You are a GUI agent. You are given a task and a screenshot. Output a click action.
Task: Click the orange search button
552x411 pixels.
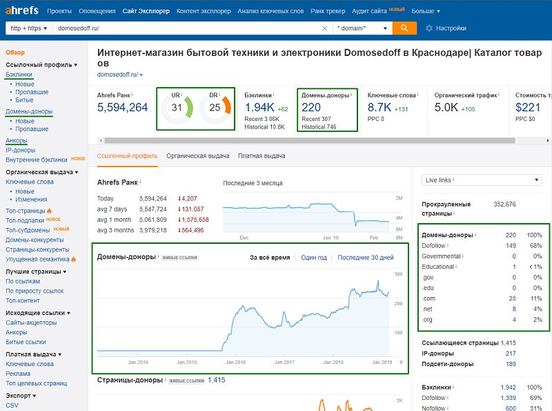click(404, 28)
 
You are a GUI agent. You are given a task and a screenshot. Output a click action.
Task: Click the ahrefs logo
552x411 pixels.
click(22, 10)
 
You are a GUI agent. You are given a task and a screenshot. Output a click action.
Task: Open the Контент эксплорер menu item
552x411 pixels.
click(204, 11)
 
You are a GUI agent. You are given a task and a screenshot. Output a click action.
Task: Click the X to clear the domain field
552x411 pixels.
click(324, 28)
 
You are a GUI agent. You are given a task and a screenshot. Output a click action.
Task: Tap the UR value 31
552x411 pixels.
click(177, 108)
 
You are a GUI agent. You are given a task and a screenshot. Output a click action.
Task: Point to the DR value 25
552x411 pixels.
click(215, 108)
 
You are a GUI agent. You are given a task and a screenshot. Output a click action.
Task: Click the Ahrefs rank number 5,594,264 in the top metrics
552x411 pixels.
click(123, 107)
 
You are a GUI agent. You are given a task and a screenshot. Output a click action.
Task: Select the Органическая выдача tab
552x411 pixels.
click(198, 156)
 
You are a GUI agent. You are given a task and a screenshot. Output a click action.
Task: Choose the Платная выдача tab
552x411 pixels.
click(262, 156)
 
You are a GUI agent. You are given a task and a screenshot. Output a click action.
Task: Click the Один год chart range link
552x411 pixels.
click(314, 258)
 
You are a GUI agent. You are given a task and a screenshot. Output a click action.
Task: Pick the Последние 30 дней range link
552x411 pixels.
click(366, 258)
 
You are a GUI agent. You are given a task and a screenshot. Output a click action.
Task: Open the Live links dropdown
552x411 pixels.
click(482, 180)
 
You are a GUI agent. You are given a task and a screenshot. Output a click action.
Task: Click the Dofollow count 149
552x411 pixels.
click(511, 246)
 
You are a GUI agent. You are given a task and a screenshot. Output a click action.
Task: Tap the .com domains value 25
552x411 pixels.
click(512, 298)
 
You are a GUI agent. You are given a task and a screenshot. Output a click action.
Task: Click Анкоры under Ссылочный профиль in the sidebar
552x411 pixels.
click(16, 140)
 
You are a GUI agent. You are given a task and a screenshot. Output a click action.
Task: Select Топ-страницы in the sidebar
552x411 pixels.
click(26, 211)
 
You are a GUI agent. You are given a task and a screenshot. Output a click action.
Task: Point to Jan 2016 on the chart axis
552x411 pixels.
click(235, 362)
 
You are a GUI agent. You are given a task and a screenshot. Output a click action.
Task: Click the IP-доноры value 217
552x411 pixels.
click(511, 354)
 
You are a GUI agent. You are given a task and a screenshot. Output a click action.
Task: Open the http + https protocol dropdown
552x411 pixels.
click(29, 28)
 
